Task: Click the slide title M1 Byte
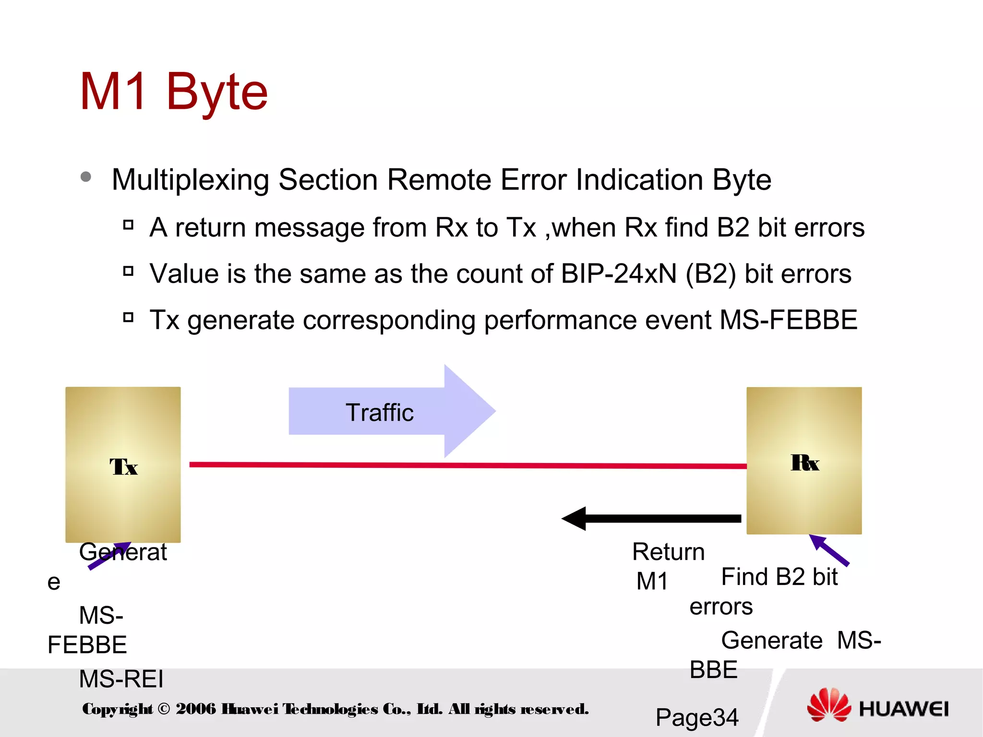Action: [x=173, y=92]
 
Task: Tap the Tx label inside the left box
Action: [x=123, y=467]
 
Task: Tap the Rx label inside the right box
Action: [x=805, y=463]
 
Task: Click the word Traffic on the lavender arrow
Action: [x=379, y=413]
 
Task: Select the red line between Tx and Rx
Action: [x=468, y=465]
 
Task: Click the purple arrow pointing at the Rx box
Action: [x=829, y=550]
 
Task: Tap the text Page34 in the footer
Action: [x=696, y=717]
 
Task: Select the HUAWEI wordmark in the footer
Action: [x=903, y=709]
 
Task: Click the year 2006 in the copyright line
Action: [x=195, y=709]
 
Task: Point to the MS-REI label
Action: [x=121, y=679]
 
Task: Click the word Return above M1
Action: [x=668, y=552]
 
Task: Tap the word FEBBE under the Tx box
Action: [x=87, y=645]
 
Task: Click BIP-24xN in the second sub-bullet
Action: [x=619, y=274]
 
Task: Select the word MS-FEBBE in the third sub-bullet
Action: [x=788, y=320]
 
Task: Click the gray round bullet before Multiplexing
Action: [x=86, y=177]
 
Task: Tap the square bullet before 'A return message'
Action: [x=128, y=225]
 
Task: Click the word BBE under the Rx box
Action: [x=713, y=670]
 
